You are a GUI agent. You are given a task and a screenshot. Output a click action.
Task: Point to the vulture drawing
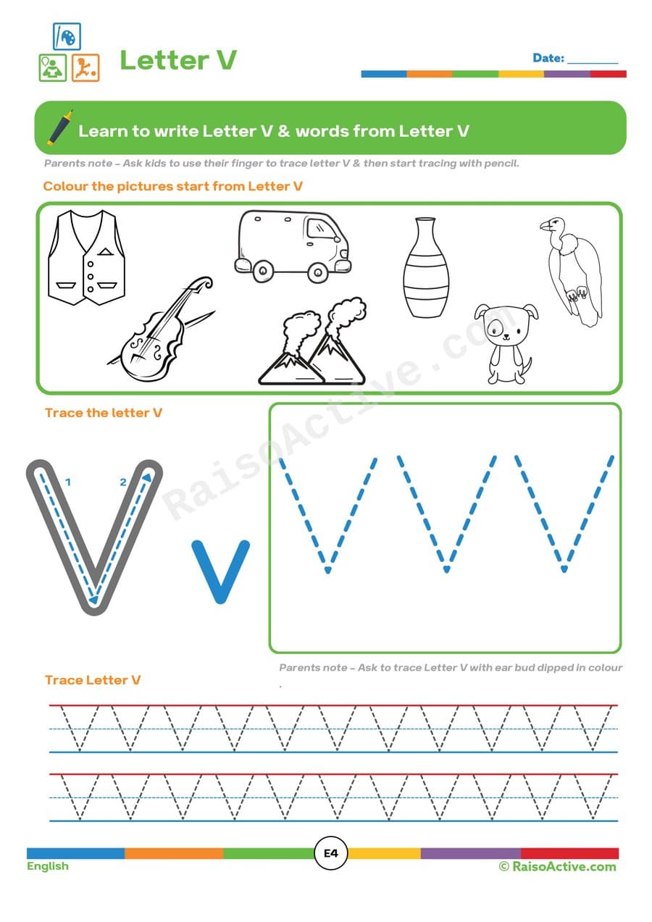coord(574,272)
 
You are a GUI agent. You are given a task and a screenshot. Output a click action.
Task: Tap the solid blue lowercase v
coord(220,571)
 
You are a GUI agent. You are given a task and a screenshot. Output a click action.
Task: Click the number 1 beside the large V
coord(67,481)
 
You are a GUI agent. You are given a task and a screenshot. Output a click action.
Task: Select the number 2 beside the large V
coord(123,482)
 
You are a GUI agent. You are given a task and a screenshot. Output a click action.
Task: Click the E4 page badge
coord(331,853)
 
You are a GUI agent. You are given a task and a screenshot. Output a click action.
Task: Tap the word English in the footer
coord(48,866)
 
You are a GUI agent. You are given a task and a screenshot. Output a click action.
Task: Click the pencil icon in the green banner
coord(60,128)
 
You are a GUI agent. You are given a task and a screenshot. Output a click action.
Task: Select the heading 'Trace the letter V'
coord(104,413)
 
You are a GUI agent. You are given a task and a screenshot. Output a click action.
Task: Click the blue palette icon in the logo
coord(67,36)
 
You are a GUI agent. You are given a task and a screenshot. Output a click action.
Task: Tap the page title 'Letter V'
coord(177,60)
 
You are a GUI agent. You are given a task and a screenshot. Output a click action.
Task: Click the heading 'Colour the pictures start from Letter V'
coord(172,186)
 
